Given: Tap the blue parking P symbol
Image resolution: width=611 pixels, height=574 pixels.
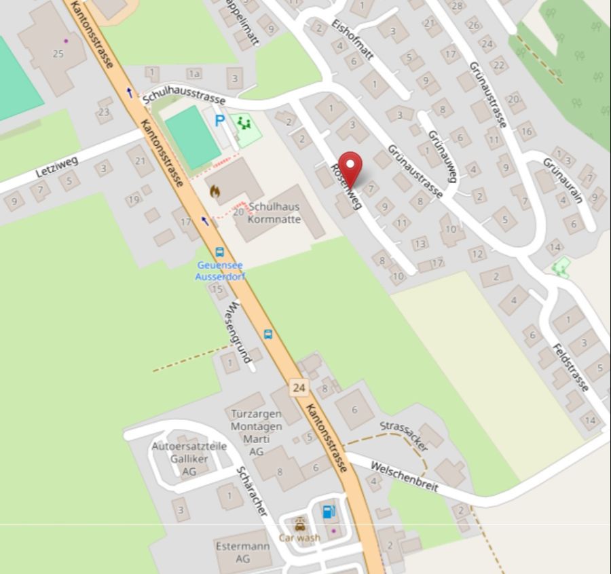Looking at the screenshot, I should [x=219, y=121].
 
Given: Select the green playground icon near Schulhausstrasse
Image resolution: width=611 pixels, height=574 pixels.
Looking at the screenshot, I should [x=243, y=124].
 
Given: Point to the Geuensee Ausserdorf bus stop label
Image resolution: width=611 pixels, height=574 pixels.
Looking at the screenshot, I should [x=219, y=271].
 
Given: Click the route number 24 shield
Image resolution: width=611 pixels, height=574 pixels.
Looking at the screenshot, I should [x=299, y=387].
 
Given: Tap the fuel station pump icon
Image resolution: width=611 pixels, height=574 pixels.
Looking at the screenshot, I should [x=329, y=511].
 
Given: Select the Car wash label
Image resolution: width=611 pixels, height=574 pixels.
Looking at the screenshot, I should [x=299, y=538].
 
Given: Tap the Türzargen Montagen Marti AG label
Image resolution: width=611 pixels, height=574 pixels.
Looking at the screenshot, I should [x=256, y=432].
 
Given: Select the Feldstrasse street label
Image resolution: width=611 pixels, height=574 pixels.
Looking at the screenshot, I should [x=570, y=367].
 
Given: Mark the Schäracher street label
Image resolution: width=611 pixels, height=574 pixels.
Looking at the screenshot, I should [x=251, y=491].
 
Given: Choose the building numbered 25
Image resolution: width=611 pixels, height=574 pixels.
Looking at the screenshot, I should [x=58, y=54].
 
